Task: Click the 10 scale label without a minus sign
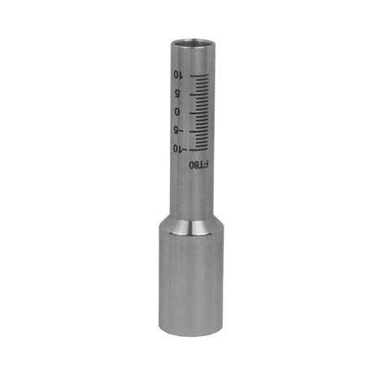178,75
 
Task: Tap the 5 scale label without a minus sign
177,94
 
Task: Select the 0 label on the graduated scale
177,111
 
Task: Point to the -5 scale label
179,131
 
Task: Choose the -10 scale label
178,149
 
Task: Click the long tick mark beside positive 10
199,76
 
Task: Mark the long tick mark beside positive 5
199,94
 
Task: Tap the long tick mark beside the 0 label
198,112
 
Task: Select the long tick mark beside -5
198,131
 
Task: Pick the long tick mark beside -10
198,149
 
